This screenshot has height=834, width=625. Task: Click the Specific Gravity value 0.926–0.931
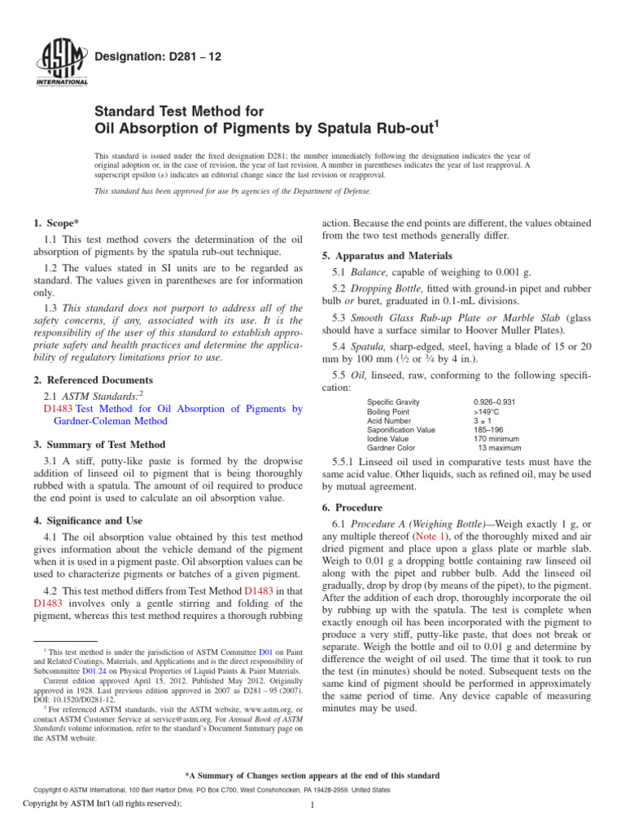[x=494, y=402]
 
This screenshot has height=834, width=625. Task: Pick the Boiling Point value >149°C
[x=487, y=413]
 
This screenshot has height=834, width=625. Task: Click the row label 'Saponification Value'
[x=401, y=429]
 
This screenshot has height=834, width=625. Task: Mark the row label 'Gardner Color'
[x=391, y=447]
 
